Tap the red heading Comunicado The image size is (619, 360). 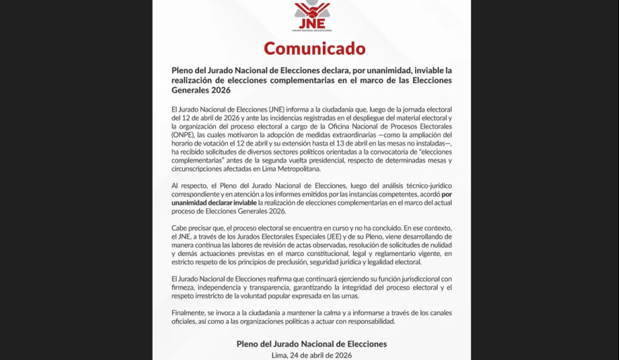tap(314, 48)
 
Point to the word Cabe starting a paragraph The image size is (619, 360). tap(180, 229)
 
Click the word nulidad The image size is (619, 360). tap(438, 245)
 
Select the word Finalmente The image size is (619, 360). tap(191, 313)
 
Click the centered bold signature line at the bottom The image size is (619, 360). tap(312, 344)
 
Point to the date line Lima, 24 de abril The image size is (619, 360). tap(311, 355)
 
